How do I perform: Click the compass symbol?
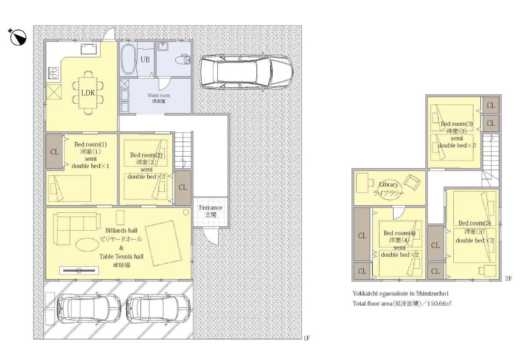click(18, 37)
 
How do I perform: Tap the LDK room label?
click(88, 93)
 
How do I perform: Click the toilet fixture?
click(183, 60)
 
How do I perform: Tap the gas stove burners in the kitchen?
click(54, 73)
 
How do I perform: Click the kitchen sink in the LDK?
click(89, 49)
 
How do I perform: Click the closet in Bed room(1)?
click(54, 151)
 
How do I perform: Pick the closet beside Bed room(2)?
click(183, 188)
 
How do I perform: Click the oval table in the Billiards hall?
click(87, 244)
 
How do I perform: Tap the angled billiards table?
click(164, 243)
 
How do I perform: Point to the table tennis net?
click(79, 270)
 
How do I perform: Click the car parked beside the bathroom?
click(246, 72)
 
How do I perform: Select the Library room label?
click(388, 185)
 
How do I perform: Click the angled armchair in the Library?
click(412, 182)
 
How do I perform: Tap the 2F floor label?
click(508, 279)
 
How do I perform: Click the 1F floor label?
click(307, 338)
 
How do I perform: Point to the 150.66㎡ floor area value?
click(439, 303)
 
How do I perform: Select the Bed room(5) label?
click(474, 223)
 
